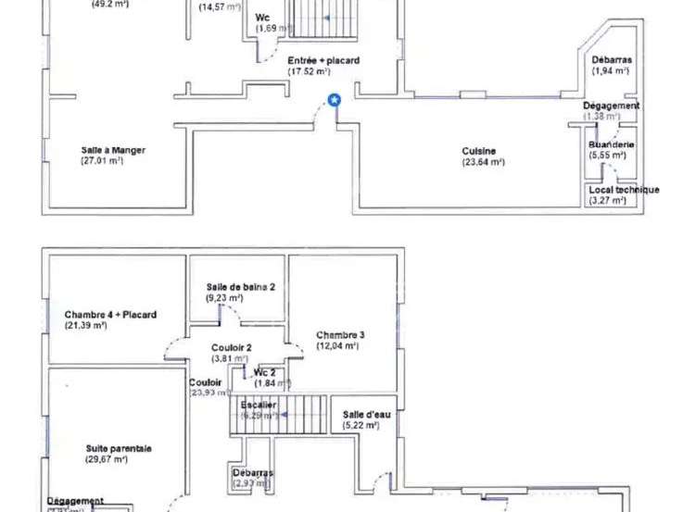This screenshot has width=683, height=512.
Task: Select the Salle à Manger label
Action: tap(113, 149)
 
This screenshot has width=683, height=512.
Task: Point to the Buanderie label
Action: tap(611, 144)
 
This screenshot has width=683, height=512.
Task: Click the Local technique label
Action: tap(624, 190)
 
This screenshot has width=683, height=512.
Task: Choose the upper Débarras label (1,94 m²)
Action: tap(611, 60)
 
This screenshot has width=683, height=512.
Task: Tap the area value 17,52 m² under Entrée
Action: tap(309, 71)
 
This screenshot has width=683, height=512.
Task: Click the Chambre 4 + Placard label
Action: tap(110, 315)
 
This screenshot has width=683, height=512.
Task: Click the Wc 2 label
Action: tap(265, 372)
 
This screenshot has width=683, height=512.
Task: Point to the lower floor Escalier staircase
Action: tap(278, 413)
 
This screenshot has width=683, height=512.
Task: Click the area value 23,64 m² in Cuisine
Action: tap(483, 162)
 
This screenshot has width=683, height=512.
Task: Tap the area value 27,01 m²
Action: tap(102, 160)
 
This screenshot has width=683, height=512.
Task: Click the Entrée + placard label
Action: tap(310, 60)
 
